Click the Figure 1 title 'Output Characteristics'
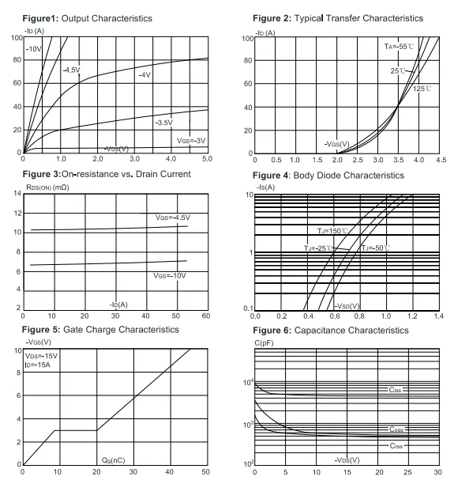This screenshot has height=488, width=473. pyautogui.click(x=107, y=18)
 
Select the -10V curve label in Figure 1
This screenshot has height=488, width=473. pyautogui.click(x=34, y=49)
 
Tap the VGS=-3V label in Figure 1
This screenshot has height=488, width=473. pyautogui.click(x=191, y=141)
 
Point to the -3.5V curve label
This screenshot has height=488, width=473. pyautogui.click(x=164, y=123)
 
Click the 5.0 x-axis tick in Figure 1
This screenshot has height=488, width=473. pyautogui.click(x=207, y=159)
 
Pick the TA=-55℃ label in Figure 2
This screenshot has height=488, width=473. pyautogui.click(x=399, y=47)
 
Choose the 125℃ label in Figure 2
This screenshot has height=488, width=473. pyautogui.click(x=422, y=89)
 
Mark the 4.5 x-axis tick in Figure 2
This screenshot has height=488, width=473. pyautogui.click(x=441, y=160)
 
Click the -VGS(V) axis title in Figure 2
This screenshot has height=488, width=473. pyautogui.click(x=337, y=144)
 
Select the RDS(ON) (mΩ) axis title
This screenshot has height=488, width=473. pyautogui.click(x=47, y=187)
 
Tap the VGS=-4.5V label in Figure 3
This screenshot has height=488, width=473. pyautogui.click(x=173, y=218)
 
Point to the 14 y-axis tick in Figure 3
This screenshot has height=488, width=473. pyautogui.click(x=17, y=193)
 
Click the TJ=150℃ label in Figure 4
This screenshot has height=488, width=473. pyautogui.click(x=332, y=231)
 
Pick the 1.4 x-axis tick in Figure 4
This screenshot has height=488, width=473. pyautogui.click(x=438, y=316)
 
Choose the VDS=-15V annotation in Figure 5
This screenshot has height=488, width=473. pyautogui.click(x=41, y=356)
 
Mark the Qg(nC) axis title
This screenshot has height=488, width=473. pyautogui.click(x=114, y=460)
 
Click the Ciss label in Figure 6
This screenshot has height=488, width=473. pyautogui.click(x=395, y=390)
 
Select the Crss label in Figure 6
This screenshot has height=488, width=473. pyautogui.click(x=396, y=446)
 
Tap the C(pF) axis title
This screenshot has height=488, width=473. pyautogui.click(x=264, y=343)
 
